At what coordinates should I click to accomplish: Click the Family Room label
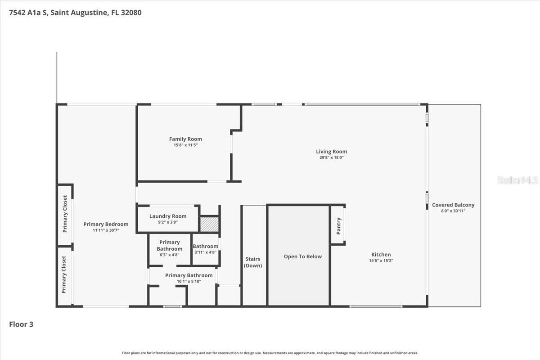tap(185, 139)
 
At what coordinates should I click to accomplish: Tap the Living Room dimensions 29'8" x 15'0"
tap(331, 157)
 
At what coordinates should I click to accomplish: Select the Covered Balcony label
tap(453, 205)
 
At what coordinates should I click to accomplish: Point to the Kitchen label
tap(381, 255)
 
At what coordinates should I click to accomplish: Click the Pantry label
tap(338, 226)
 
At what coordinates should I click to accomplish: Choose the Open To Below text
tap(303, 256)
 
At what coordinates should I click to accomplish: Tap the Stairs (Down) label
tap(253, 262)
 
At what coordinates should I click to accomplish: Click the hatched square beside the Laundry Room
tap(209, 224)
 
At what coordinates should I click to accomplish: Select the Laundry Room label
tap(167, 216)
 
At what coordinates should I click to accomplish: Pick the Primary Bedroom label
tap(106, 224)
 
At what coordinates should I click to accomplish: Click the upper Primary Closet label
tap(65, 214)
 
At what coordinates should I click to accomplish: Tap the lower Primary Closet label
tap(64, 274)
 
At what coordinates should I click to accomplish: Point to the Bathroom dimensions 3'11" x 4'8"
tap(205, 252)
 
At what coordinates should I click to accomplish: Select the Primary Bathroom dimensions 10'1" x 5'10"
tap(189, 281)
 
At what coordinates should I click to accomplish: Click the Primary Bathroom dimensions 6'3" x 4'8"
tap(169, 255)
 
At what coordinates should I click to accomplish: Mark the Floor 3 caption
tap(21, 324)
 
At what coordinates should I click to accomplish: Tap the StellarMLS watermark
tap(517, 180)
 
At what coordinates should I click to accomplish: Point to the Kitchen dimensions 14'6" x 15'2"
tap(381, 261)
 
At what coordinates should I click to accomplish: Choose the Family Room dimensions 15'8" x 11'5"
tap(185, 145)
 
